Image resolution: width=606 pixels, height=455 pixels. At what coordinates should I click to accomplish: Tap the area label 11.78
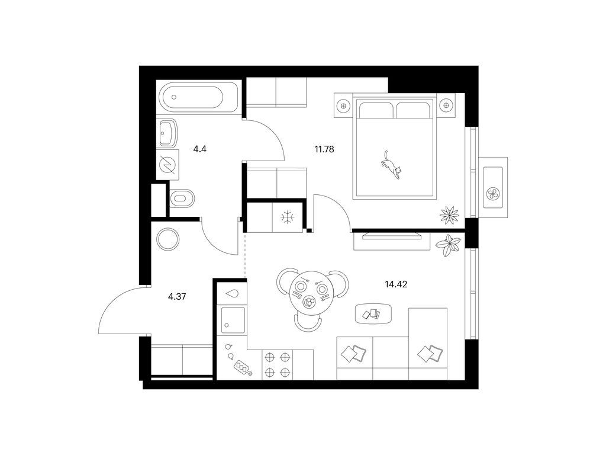(324, 149)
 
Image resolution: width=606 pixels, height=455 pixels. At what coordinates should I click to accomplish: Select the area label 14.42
(396, 284)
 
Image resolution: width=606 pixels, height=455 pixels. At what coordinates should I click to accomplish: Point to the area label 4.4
(200, 149)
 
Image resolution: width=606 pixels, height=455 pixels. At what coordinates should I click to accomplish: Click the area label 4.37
(177, 297)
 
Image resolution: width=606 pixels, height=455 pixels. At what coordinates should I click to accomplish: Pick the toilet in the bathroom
(182, 198)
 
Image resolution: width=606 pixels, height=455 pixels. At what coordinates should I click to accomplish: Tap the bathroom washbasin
(167, 132)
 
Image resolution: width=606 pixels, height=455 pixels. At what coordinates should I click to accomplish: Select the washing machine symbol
(167, 165)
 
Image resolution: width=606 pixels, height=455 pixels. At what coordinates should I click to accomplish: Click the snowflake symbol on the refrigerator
(288, 217)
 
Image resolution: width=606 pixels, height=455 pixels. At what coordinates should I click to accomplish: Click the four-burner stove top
(277, 364)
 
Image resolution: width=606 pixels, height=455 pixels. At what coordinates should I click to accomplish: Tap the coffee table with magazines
(373, 313)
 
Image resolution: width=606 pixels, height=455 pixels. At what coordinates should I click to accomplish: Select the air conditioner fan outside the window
(493, 193)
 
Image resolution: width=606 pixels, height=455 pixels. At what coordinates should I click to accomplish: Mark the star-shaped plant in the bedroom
(449, 214)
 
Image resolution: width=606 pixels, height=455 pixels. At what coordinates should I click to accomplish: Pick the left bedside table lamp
(343, 105)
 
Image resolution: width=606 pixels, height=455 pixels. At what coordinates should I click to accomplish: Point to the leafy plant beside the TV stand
(449, 245)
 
